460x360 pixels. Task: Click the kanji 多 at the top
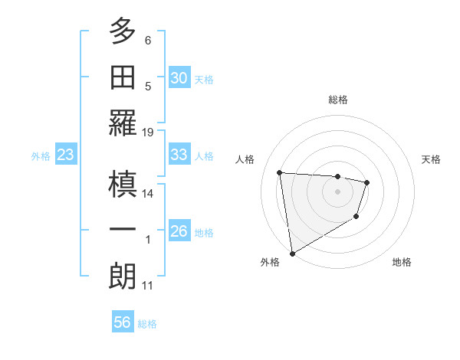pos(123,32)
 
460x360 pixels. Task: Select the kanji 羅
pos(123,123)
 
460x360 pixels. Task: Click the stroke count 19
pos(148,132)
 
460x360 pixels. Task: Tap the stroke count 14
pos(148,194)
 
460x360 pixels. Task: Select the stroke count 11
pos(148,286)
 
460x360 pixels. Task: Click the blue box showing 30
pos(179,78)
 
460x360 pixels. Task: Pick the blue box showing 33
pos(179,155)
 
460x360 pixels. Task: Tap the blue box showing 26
pos(179,231)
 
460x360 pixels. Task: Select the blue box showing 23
pos(65,155)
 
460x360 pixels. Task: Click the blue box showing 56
pos(122,322)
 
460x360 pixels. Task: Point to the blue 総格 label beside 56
pos(147,324)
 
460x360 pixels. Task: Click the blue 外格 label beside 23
pos(41,155)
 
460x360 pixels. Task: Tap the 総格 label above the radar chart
pos(338,100)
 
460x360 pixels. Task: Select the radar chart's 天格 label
pos(432,159)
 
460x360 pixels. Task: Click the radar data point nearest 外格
pos(292,253)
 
